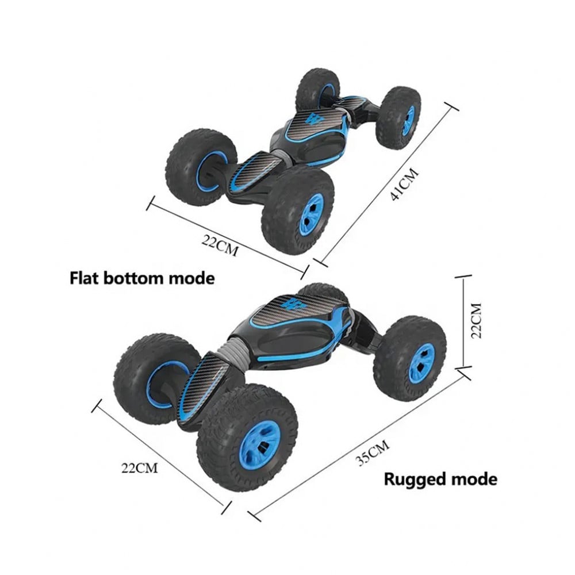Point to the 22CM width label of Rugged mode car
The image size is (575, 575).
(139, 467)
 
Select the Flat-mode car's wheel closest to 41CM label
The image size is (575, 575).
(398, 117)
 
